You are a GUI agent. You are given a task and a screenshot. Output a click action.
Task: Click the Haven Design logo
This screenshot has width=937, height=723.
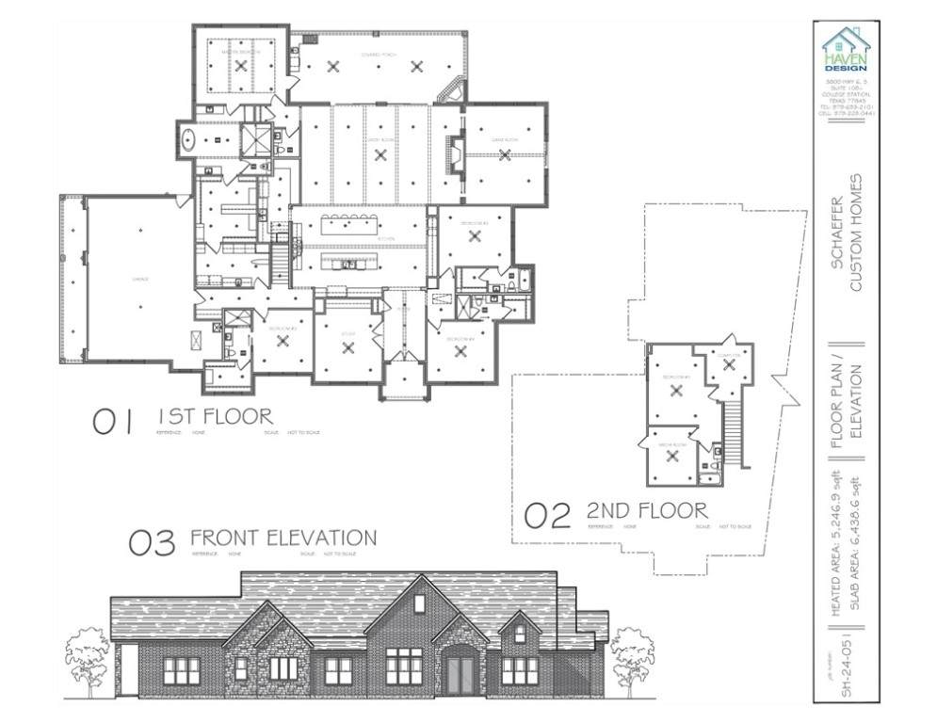pyautogui.click(x=845, y=50)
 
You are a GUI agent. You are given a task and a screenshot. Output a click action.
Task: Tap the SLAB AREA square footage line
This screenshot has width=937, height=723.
pyautogui.click(x=855, y=547)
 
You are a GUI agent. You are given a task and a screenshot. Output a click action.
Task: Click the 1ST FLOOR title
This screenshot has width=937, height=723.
pyautogui.click(x=215, y=416)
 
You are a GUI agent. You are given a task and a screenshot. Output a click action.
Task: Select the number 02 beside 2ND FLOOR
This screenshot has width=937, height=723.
pyautogui.click(x=547, y=515)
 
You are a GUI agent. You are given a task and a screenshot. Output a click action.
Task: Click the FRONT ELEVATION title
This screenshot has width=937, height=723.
pyautogui.click(x=283, y=538)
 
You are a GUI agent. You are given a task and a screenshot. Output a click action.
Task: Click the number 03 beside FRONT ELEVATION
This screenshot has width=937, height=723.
pyautogui.click(x=152, y=543)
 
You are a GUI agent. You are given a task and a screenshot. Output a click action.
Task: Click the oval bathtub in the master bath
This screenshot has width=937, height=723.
pyautogui.click(x=188, y=137)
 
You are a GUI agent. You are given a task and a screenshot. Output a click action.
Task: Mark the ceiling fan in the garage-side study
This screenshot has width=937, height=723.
pyautogui.click(x=348, y=347)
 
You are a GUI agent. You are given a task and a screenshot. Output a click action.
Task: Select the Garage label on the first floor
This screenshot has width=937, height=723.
pyautogui.click(x=139, y=280)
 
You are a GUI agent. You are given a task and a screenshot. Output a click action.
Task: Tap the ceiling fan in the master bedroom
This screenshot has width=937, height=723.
pyautogui.click(x=241, y=66)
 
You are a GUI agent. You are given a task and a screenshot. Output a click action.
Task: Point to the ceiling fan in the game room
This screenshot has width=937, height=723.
pyautogui.click(x=505, y=155)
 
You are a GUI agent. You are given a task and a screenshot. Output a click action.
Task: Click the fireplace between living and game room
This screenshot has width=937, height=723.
pyautogui.click(x=456, y=156)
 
